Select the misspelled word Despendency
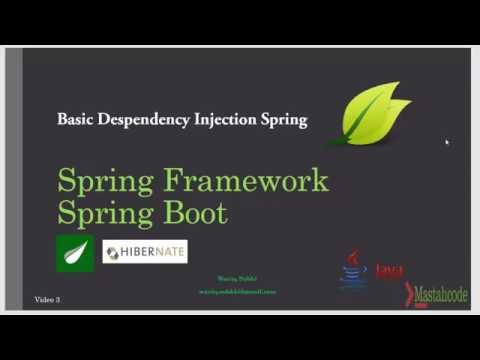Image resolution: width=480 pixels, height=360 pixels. (x=140, y=120)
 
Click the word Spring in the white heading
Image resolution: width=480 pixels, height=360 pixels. (x=281, y=120)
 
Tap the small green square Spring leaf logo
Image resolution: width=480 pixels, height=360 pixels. (x=75, y=253)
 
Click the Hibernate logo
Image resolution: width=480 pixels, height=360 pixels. (x=145, y=251)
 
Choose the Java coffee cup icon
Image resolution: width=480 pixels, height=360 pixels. (x=353, y=271)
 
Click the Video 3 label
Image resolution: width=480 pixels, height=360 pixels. (x=48, y=299)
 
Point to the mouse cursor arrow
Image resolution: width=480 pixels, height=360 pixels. (x=447, y=142)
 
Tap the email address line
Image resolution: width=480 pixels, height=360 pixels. (x=237, y=291)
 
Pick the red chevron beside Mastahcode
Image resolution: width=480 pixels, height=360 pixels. (x=409, y=294)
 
